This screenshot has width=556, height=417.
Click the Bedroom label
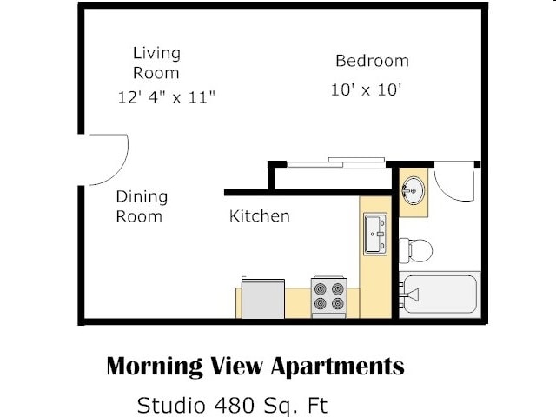tap(372, 61)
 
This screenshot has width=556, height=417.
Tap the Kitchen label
tap(259, 216)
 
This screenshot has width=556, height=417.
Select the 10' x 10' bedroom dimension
tap(366, 89)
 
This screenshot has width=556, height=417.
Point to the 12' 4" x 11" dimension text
tap(166, 97)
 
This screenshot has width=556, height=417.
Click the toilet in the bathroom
tap(415, 250)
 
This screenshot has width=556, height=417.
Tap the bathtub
tap(440, 295)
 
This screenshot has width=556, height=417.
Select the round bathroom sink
tap(414, 190)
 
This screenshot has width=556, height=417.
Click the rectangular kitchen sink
tap(375, 234)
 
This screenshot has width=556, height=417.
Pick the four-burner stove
tap(328, 297)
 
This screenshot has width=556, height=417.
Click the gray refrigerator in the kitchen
tap(262, 298)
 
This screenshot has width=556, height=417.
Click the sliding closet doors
tap(335, 162)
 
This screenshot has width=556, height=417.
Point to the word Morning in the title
tap(155, 366)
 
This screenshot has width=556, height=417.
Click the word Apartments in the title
tap(338, 367)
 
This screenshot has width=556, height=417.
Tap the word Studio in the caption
tap(171, 405)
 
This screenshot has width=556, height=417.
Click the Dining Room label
tap(142, 207)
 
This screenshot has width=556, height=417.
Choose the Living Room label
tap(156, 63)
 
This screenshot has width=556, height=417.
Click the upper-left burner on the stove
tap(321, 289)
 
